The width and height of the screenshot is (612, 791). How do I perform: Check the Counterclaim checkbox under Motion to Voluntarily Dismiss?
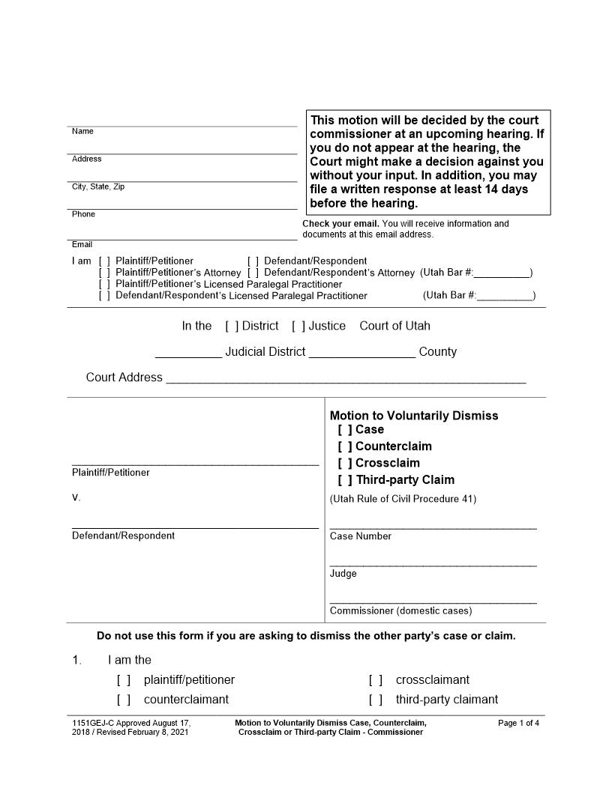[x=345, y=446]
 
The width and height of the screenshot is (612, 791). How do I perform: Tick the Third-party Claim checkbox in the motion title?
[x=345, y=480]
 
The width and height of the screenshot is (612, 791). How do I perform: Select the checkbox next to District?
[x=232, y=326]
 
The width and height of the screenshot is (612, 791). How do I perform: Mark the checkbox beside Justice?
[x=298, y=326]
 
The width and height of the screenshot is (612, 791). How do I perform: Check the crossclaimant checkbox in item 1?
[x=376, y=680]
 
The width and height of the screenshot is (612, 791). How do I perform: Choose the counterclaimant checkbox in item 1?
[x=124, y=700]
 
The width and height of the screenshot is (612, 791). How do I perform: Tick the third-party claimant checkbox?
[x=376, y=700]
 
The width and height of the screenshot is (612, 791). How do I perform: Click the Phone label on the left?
[x=83, y=214]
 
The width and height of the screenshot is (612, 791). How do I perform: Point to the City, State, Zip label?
[x=97, y=187]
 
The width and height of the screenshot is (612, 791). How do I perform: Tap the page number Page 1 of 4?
[x=518, y=723]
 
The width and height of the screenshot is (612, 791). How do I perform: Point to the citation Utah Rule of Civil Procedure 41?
[x=403, y=499]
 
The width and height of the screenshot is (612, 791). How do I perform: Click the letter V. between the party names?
[x=76, y=497]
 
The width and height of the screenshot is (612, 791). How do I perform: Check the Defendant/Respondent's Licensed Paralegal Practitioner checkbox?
[x=104, y=296]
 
